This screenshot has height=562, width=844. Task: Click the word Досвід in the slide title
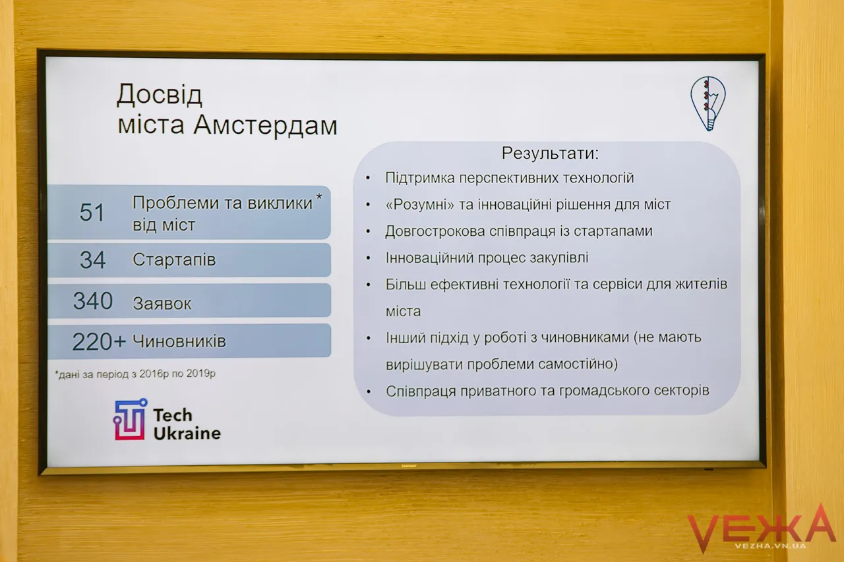pos(160,96)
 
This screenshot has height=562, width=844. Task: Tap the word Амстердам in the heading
pos(265,125)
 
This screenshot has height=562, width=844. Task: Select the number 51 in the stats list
pos(92,212)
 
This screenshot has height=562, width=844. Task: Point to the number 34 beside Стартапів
pos(92,260)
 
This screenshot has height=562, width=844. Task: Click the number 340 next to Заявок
pos(93,300)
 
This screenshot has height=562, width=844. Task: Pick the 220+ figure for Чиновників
pos(99,342)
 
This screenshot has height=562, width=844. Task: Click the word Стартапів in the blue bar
pos(174,260)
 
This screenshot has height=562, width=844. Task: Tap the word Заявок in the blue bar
pos(162,303)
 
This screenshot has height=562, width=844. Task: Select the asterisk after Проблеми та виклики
pos(319,197)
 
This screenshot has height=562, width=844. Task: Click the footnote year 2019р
pos(200,374)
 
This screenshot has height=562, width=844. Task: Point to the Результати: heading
pos(550,154)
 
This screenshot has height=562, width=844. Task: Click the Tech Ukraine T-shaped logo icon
pos(130,419)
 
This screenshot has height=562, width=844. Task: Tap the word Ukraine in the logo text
pos(187,434)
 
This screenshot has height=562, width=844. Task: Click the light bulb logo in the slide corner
pos(708,103)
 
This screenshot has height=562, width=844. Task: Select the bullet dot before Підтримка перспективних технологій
pos(368,178)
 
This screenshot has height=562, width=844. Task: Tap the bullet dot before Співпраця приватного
pos(369,392)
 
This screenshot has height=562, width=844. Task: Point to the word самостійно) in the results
pos(578,364)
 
